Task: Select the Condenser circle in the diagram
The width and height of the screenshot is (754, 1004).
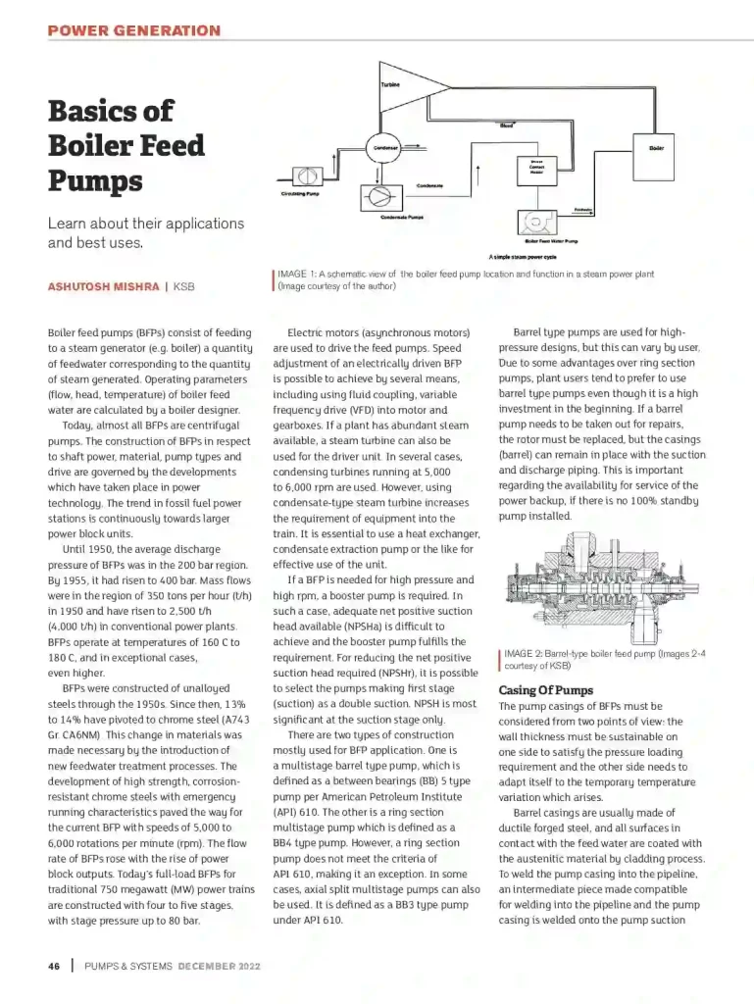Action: tap(384, 148)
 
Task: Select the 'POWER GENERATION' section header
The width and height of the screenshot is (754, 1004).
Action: tap(133, 30)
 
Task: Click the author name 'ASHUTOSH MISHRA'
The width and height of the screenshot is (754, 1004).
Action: tap(104, 286)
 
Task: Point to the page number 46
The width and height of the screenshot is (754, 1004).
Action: tap(55, 966)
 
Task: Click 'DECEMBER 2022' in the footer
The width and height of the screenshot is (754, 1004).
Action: tap(220, 966)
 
